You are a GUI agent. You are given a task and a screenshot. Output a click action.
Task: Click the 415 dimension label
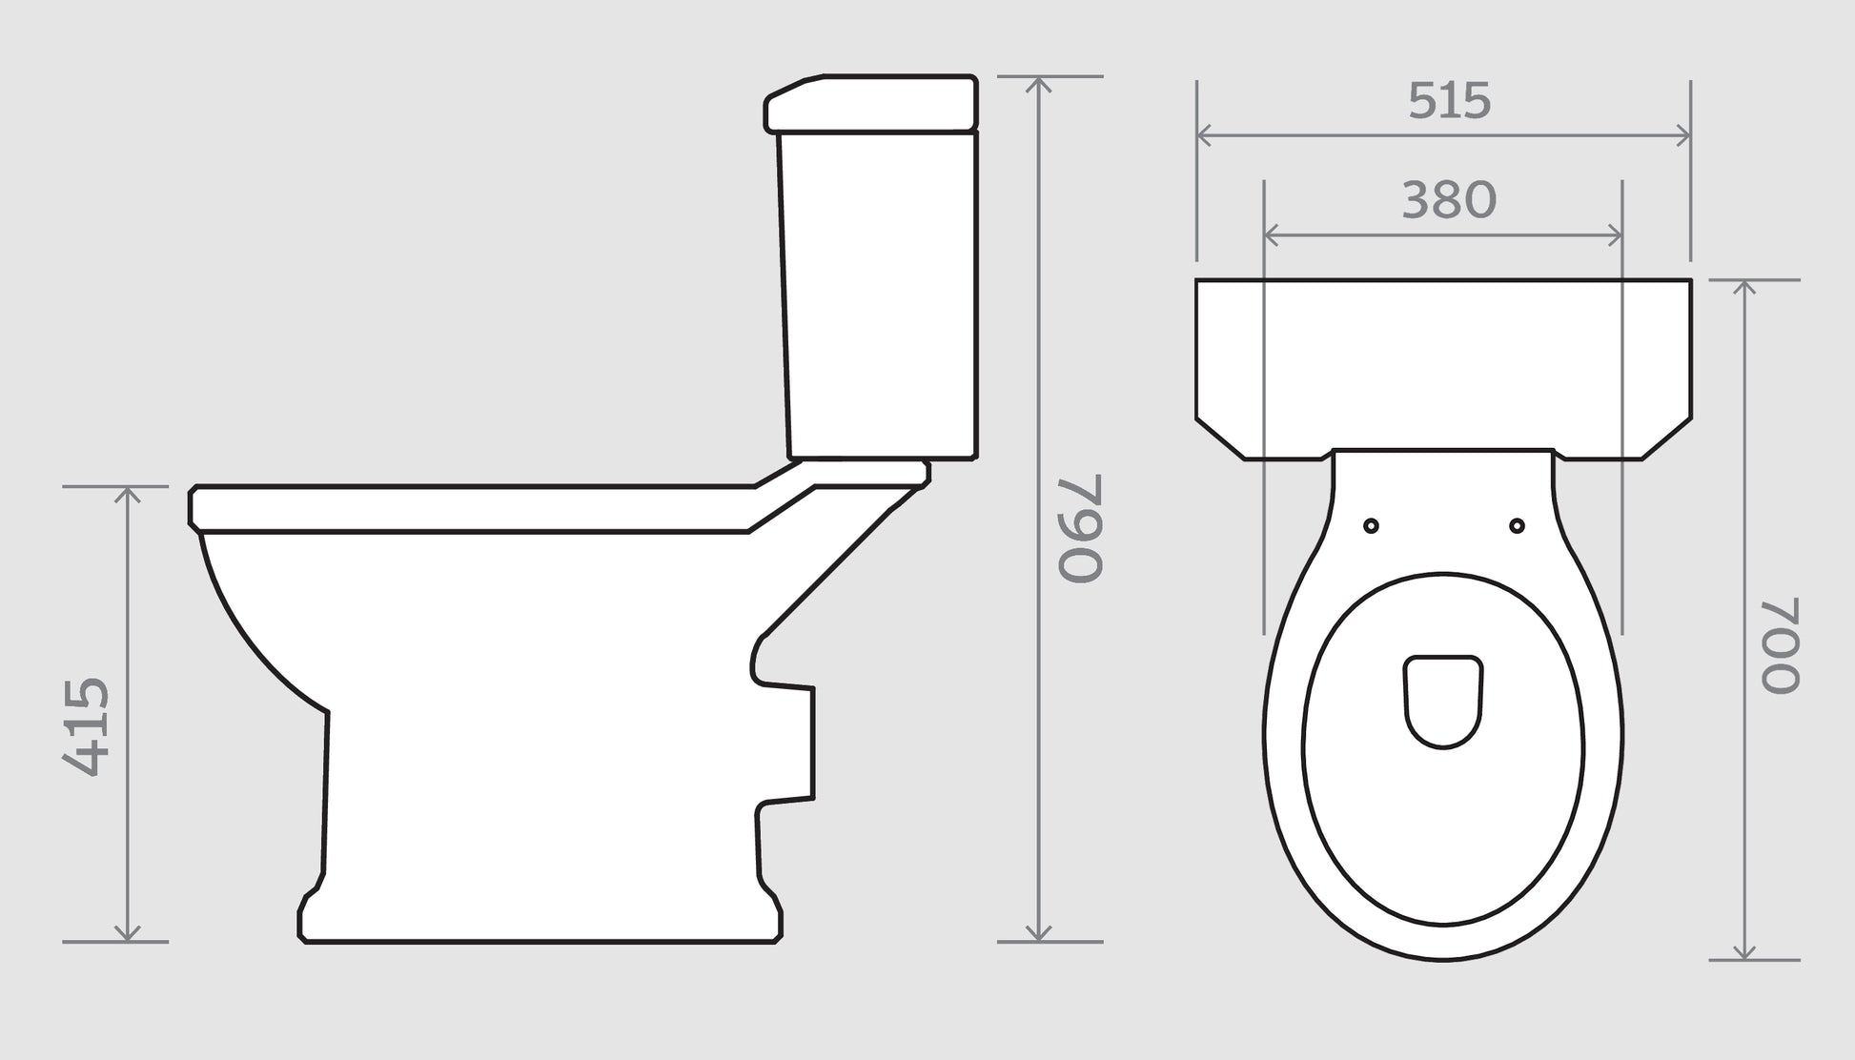(87, 726)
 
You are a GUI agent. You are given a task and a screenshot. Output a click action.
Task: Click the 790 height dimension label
(1080, 527)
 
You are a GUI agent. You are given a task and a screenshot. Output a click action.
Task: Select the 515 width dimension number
(1449, 101)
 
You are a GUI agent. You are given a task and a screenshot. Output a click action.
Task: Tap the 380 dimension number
(1449, 201)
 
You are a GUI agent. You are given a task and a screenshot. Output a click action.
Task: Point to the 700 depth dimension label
(1779, 645)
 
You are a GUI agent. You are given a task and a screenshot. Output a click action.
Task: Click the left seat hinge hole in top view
(1371, 526)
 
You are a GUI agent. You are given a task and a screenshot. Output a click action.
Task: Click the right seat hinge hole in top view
(1517, 526)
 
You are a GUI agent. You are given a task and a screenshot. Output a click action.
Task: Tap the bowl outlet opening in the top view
(1443, 699)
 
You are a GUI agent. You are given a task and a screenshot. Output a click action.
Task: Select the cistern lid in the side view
(872, 103)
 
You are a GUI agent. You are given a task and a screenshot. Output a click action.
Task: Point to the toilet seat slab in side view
(477, 509)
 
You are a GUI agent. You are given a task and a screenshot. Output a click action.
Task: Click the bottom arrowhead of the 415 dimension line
(128, 934)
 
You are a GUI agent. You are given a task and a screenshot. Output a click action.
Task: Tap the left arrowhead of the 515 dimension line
(1203, 135)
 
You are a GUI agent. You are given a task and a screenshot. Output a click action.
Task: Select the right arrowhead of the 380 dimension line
(1615, 234)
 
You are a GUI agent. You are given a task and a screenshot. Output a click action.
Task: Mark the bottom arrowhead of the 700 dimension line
(1743, 952)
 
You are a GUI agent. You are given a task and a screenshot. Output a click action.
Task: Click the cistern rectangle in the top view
(1443, 362)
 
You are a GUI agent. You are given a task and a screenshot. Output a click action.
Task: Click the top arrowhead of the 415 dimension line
(128, 493)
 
